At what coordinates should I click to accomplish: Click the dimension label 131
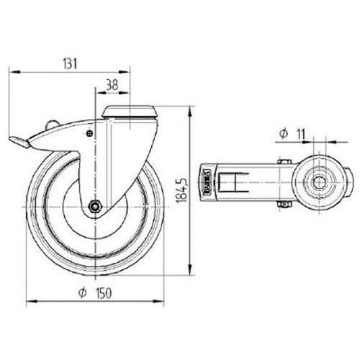click(70, 64)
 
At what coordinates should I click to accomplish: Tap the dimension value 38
click(112, 85)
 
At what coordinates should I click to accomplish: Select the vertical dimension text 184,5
click(181, 190)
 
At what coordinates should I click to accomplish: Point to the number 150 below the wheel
click(104, 293)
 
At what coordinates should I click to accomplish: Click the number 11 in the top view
click(301, 134)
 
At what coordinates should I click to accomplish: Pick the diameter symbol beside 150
click(82, 293)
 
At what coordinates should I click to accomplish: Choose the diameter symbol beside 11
click(284, 134)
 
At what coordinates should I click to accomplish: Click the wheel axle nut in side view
click(95, 206)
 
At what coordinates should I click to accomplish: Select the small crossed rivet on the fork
click(90, 133)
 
